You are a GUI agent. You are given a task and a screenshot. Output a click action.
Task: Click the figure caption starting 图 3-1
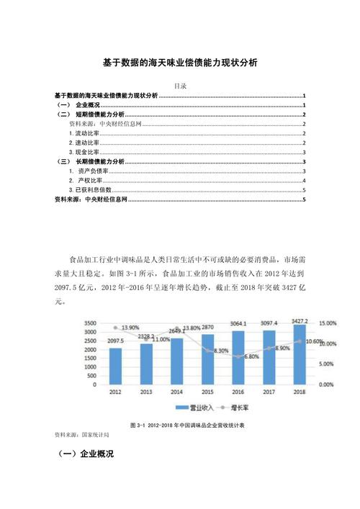pyautogui.click(x=186, y=425)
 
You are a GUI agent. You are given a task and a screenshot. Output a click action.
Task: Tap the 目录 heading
pyautogui.click(x=180, y=86)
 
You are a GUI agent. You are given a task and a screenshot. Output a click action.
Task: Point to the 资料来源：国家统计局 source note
pyautogui.click(x=78, y=436)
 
